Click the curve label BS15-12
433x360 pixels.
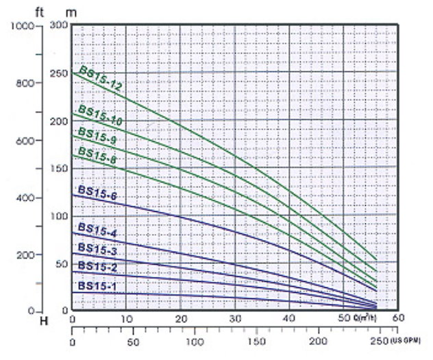[x=100, y=77]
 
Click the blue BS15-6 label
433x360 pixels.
[x=97, y=194]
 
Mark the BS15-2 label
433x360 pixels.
[x=97, y=266]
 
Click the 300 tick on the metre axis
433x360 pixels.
[x=58, y=25]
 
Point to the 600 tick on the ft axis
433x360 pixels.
[x=23, y=141]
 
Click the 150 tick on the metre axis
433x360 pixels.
[x=58, y=168]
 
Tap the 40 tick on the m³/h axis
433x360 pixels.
[x=290, y=319]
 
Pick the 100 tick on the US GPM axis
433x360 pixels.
[x=195, y=341]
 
